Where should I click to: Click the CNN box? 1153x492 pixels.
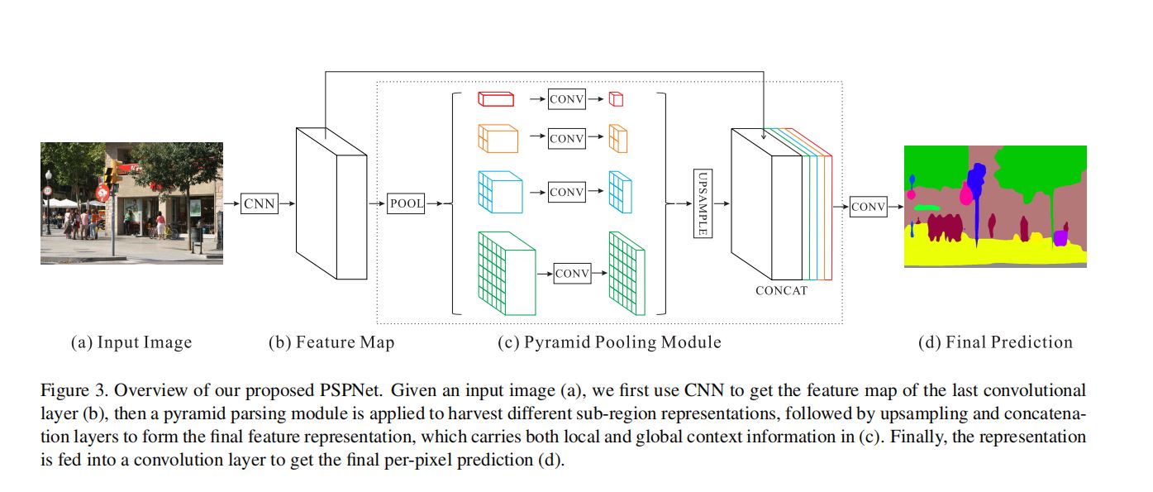click(260, 203)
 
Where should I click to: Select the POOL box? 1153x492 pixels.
click(406, 203)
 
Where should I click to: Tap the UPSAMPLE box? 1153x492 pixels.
click(702, 203)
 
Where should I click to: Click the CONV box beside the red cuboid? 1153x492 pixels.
click(566, 99)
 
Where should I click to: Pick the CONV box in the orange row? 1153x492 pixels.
click(566, 139)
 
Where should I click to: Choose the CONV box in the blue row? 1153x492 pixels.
click(566, 192)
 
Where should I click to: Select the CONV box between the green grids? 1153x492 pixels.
click(572, 274)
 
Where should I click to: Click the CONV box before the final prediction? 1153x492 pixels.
click(868, 207)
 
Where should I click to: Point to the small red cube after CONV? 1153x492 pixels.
click(616, 99)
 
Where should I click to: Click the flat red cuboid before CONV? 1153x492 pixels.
click(496, 98)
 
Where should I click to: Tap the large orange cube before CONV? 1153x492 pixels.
click(498, 138)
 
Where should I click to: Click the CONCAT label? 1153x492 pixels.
click(781, 291)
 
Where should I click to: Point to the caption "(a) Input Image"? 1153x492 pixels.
click(131, 342)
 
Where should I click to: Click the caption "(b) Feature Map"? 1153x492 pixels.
click(331, 342)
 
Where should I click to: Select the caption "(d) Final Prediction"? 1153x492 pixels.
click(995, 342)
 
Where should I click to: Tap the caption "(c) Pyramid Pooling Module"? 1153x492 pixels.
click(609, 342)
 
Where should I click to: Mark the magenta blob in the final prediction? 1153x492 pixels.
click(965, 195)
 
